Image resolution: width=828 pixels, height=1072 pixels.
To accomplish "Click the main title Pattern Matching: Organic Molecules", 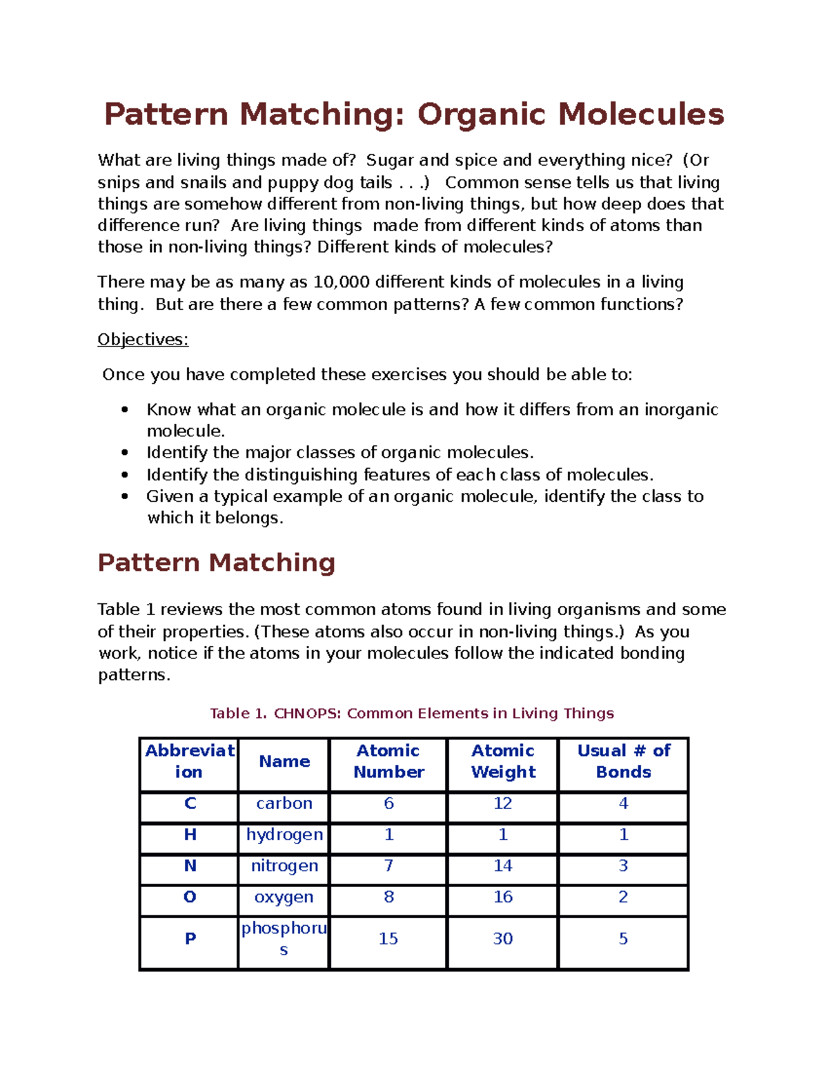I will pyautogui.click(x=414, y=115).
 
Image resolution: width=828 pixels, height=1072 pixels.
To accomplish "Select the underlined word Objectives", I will pyautogui.click(x=143, y=340).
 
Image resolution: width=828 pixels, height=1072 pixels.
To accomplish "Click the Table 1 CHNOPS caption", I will pyautogui.click(x=412, y=713).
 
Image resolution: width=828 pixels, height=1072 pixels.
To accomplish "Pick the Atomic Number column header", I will pyautogui.click(x=388, y=761).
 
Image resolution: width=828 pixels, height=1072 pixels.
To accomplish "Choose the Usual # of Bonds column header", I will pyautogui.click(x=624, y=761).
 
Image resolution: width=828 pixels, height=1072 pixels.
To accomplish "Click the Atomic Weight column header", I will pyautogui.click(x=503, y=761).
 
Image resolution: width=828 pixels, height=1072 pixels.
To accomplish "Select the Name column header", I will pyautogui.click(x=284, y=761).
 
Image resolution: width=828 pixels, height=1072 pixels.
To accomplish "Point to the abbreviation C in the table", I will pyautogui.click(x=190, y=803).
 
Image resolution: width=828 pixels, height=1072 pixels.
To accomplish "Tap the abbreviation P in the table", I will pyautogui.click(x=190, y=939).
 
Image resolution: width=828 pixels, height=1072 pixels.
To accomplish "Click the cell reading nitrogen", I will pyautogui.click(x=284, y=866).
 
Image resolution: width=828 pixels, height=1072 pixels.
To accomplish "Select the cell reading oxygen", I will pyautogui.click(x=284, y=897).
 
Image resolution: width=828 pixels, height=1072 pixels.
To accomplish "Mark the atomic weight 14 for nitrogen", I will pyautogui.click(x=503, y=866).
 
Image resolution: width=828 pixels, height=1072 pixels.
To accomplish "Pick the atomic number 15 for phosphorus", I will pyautogui.click(x=388, y=939).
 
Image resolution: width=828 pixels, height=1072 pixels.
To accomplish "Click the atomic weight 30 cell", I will pyautogui.click(x=503, y=939).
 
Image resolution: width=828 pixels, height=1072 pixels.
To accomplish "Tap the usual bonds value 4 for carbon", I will pyautogui.click(x=624, y=803).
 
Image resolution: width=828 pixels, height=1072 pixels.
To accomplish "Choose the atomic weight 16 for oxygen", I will pyautogui.click(x=503, y=897).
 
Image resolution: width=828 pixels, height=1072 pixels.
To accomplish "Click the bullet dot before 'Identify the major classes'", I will pyautogui.click(x=125, y=453).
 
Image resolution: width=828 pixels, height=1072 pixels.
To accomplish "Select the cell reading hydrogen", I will pyautogui.click(x=284, y=835).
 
